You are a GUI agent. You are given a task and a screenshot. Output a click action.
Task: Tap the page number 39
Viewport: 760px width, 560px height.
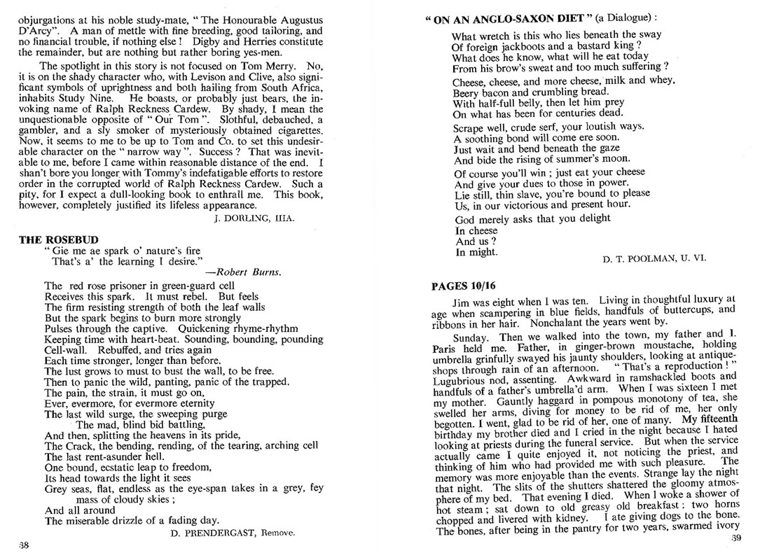click(x=735, y=538)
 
